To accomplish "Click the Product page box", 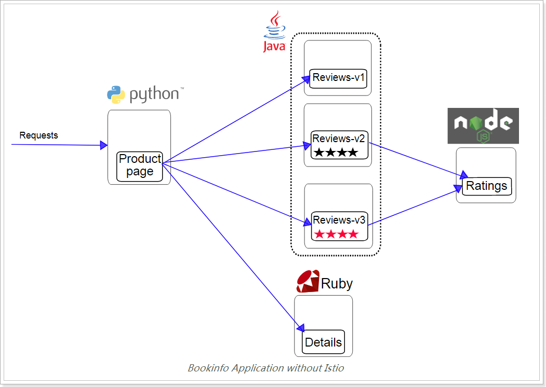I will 139,166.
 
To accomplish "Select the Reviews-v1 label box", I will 338,78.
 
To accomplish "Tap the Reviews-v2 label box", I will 340,145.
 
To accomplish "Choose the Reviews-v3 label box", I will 339,226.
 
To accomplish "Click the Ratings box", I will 487,186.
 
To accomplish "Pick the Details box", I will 323,342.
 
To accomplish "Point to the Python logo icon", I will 116,95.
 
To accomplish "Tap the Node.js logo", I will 483,126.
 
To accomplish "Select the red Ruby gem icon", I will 308,282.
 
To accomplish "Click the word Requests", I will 38,135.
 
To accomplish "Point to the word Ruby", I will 337,284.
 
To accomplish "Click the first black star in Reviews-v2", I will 318,153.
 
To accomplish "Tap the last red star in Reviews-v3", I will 353,234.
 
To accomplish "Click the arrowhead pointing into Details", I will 300,327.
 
